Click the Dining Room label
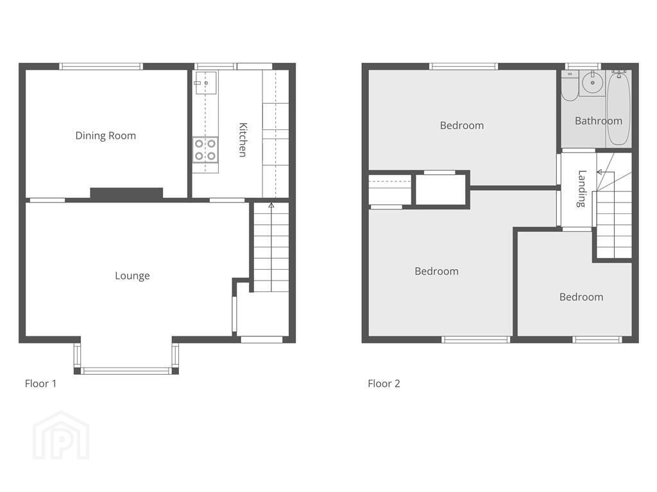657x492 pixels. click(106, 136)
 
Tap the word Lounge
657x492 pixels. click(132, 275)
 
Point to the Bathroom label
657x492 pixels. click(599, 121)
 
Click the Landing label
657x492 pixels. click(581, 189)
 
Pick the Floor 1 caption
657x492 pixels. click(40, 384)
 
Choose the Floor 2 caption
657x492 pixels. click(384, 384)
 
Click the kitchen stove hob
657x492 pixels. click(205, 150)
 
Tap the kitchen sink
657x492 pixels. click(206, 83)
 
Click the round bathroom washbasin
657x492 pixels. click(592, 82)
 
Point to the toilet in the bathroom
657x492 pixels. click(570, 86)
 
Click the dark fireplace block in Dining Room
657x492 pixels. click(126, 193)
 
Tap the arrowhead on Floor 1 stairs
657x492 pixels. click(271, 206)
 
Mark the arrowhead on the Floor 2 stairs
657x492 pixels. click(600, 172)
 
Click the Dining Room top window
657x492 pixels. click(101, 66)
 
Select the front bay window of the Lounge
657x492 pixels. click(126, 371)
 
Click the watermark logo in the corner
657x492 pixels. click(61, 436)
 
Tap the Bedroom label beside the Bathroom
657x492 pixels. click(462, 126)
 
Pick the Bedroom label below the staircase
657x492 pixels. click(581, 297)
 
